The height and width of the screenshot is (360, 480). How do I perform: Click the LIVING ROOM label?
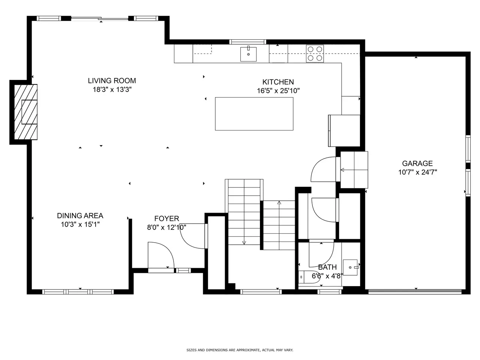112,81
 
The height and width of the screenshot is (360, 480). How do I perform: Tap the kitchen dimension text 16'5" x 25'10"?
278,90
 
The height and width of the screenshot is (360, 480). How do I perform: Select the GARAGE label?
417,163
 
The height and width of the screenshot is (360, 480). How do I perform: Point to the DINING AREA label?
80,216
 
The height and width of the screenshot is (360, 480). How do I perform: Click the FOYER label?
166,218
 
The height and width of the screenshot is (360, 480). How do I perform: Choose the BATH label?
327,267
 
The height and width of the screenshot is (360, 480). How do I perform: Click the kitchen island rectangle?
254,114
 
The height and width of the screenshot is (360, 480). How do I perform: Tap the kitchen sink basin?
248,54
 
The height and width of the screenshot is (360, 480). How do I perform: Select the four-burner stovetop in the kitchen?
315,54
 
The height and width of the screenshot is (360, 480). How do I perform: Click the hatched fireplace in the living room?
26,112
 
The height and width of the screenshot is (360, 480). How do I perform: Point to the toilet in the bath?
306,277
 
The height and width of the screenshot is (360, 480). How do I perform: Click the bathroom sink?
350,267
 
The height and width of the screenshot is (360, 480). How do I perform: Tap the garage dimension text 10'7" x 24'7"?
417,172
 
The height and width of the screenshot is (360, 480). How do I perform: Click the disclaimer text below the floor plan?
240,350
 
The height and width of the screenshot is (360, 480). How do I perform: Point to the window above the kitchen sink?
248,42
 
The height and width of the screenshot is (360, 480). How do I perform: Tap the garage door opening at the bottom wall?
415,291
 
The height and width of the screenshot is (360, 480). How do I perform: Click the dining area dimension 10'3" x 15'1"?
80,224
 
